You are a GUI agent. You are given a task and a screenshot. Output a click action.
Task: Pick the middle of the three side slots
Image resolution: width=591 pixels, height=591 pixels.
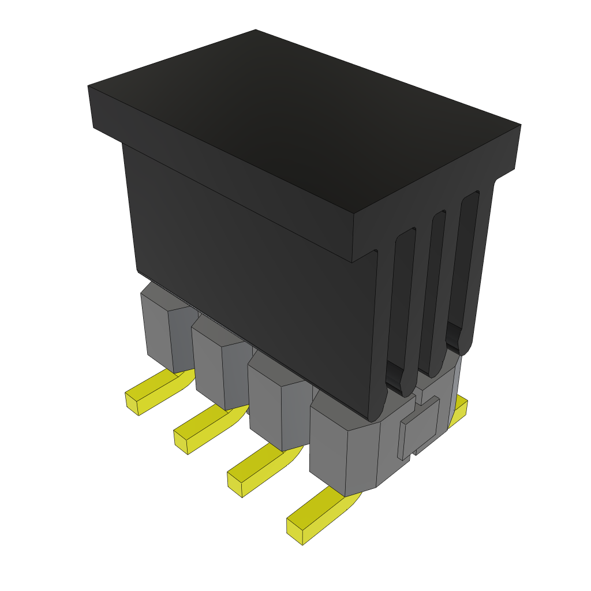click(x=433, y=289)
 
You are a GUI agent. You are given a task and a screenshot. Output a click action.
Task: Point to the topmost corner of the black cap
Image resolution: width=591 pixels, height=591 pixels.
click(x=256, y=30)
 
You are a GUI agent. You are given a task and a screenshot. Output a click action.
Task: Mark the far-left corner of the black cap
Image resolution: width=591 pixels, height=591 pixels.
click(x=89, y=87)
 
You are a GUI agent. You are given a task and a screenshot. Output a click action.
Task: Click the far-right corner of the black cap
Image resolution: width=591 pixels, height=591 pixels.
click(x=521, y=125)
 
